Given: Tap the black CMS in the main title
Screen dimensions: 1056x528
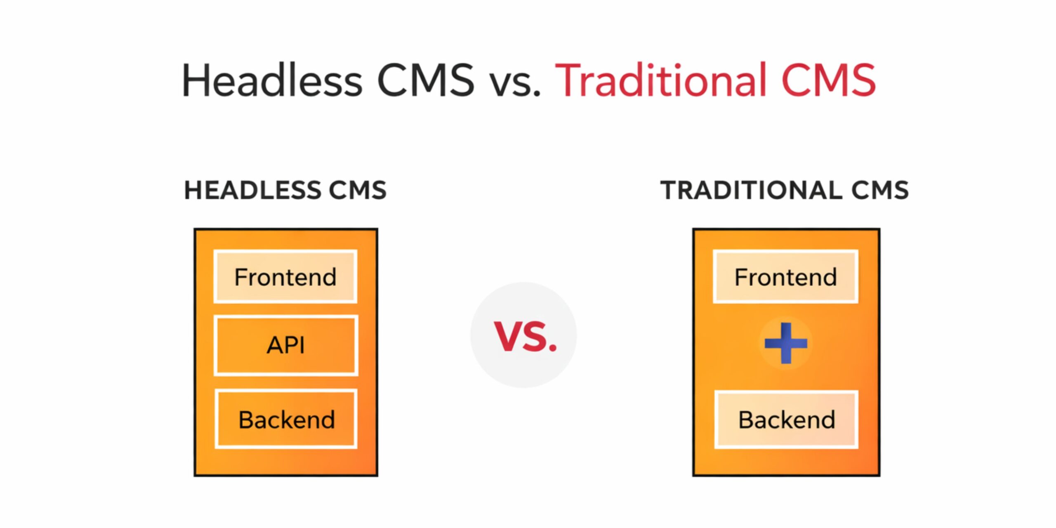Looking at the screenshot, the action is (426, 80).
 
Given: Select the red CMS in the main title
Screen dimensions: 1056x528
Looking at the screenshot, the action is (829, 80).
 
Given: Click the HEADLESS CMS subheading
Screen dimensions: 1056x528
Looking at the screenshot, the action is (285, 190).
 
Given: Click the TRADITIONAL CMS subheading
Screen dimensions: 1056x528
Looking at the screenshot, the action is (785, 190).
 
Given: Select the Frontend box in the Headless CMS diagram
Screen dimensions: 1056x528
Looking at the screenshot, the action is (285, 276).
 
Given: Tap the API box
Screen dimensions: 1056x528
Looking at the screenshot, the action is (286, 345).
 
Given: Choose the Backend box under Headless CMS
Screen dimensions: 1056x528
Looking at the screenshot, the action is (286, 419).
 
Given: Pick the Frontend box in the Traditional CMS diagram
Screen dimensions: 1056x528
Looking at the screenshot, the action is (786, 276).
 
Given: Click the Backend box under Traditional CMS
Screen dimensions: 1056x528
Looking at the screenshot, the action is (787, 419).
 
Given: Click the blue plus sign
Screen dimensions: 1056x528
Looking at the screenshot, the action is (786, 343).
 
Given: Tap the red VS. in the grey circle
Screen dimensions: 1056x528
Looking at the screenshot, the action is (525, 337).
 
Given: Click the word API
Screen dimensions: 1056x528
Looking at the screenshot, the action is (286, 345).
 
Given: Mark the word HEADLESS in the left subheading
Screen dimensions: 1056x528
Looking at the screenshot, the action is (252, 190).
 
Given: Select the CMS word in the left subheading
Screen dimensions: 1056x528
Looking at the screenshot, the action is (358, 190).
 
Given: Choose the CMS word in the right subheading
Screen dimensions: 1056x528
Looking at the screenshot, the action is (880, 190).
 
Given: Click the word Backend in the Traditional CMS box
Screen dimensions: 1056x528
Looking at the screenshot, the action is (787, 420).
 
